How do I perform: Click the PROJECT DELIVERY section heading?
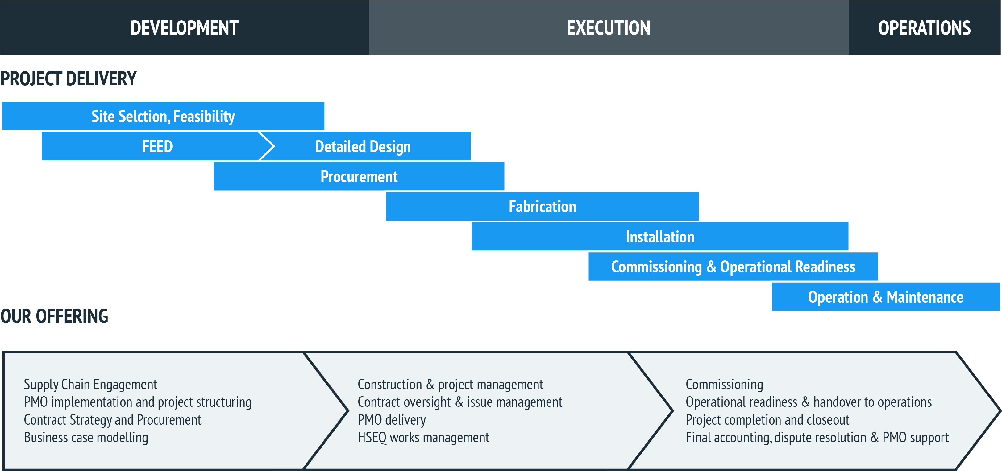(69, 79)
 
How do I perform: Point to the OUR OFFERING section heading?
(54, 316)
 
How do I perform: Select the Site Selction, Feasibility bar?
(163, 116)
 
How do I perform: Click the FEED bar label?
(157, 147)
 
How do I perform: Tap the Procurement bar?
(359, 176)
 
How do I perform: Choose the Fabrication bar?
(543, 206)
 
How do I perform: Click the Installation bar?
(660, 237)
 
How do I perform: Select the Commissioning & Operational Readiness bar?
(733, 267)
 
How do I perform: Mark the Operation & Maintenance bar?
(886, 296)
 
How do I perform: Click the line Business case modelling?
(86, 438)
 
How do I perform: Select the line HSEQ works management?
(423, 438)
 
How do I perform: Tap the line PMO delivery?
(392, 420)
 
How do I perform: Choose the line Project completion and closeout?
(767, 420)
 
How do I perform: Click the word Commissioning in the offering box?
(724, 384)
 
